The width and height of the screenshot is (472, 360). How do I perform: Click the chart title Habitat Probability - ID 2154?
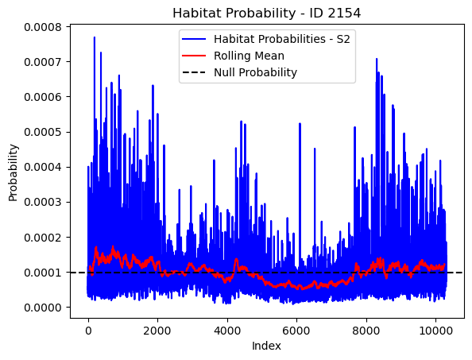pos(266,14)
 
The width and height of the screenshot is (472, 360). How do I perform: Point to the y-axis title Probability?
pos(13,172)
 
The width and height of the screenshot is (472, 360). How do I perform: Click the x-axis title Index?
pos(266,346)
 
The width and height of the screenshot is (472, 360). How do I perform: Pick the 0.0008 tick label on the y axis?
pos(43,27)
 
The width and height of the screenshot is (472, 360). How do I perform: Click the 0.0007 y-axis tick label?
pos(43,62)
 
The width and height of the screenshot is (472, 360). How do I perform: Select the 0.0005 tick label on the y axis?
pos(43,132)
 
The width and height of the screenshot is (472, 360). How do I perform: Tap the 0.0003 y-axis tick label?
pos(43,202)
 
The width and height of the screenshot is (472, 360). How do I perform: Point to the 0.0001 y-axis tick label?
pos(43,273)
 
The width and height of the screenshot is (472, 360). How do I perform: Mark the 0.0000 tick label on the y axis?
pos(43,308)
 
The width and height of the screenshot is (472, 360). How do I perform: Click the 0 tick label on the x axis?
pos(88,331)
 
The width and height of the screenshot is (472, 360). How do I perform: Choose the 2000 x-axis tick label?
pos(157,331)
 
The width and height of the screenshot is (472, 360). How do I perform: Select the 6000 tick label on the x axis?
pos(296,331)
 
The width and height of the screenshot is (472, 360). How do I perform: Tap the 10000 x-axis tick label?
pos(435,331)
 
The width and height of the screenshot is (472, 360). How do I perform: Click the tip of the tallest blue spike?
pos(95,37)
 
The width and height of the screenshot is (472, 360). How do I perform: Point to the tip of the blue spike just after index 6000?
pos(300,123)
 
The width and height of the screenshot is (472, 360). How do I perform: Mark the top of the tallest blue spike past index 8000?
pos(377,59)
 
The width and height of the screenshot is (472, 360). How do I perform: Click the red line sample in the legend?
pos(194,56)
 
